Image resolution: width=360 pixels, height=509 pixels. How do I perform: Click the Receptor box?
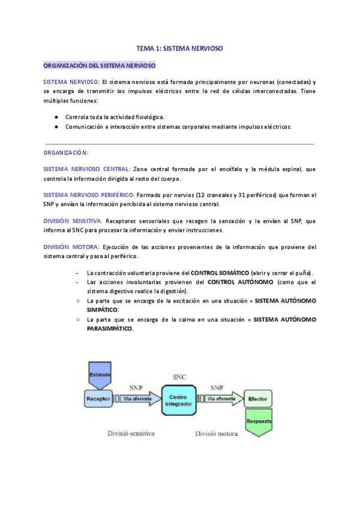(97, 398)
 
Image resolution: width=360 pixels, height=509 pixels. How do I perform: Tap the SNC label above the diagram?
(179, 377)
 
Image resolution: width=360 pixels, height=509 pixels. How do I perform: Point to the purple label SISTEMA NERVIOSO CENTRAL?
(86, 169)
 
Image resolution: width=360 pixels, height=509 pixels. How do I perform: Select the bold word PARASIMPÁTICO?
(110, 329)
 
